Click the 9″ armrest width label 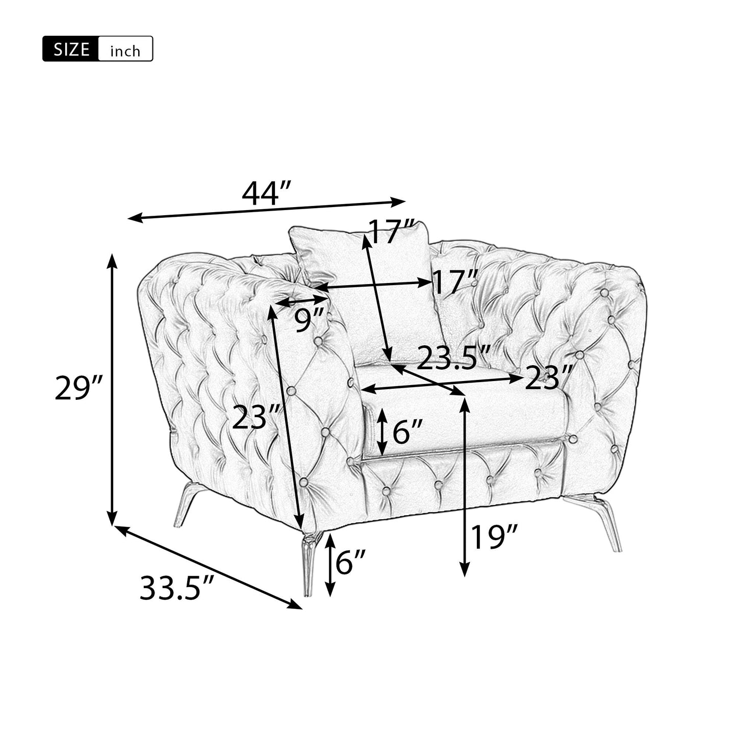pos(310,320)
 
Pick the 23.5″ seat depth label pos(453,358)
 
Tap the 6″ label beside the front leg pos(351,563)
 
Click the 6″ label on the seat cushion pos(408,432)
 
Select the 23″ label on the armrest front pos(257,417)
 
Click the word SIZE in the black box pos(71,49)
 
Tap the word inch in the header pos(125,50)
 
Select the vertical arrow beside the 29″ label pos(112,390)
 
